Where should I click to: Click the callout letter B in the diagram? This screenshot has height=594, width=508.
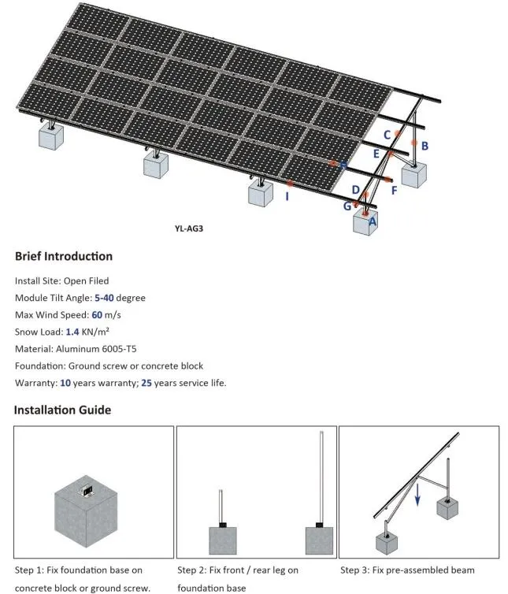point(425,146)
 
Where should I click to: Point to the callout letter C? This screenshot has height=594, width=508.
point(387,135)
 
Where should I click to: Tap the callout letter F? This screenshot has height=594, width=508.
point(394,190)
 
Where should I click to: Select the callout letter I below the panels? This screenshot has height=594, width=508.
point(287,196)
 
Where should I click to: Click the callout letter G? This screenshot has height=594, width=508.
point(347,206)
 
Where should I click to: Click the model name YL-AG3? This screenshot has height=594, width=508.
point(195,229)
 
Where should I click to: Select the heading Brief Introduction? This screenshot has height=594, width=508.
point(64,256)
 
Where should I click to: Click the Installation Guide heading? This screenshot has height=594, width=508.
point(62,410)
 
